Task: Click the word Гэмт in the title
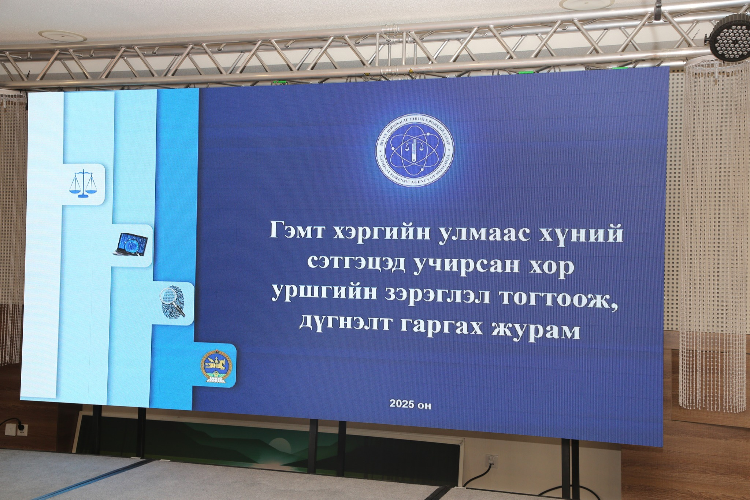pos(297,231)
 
